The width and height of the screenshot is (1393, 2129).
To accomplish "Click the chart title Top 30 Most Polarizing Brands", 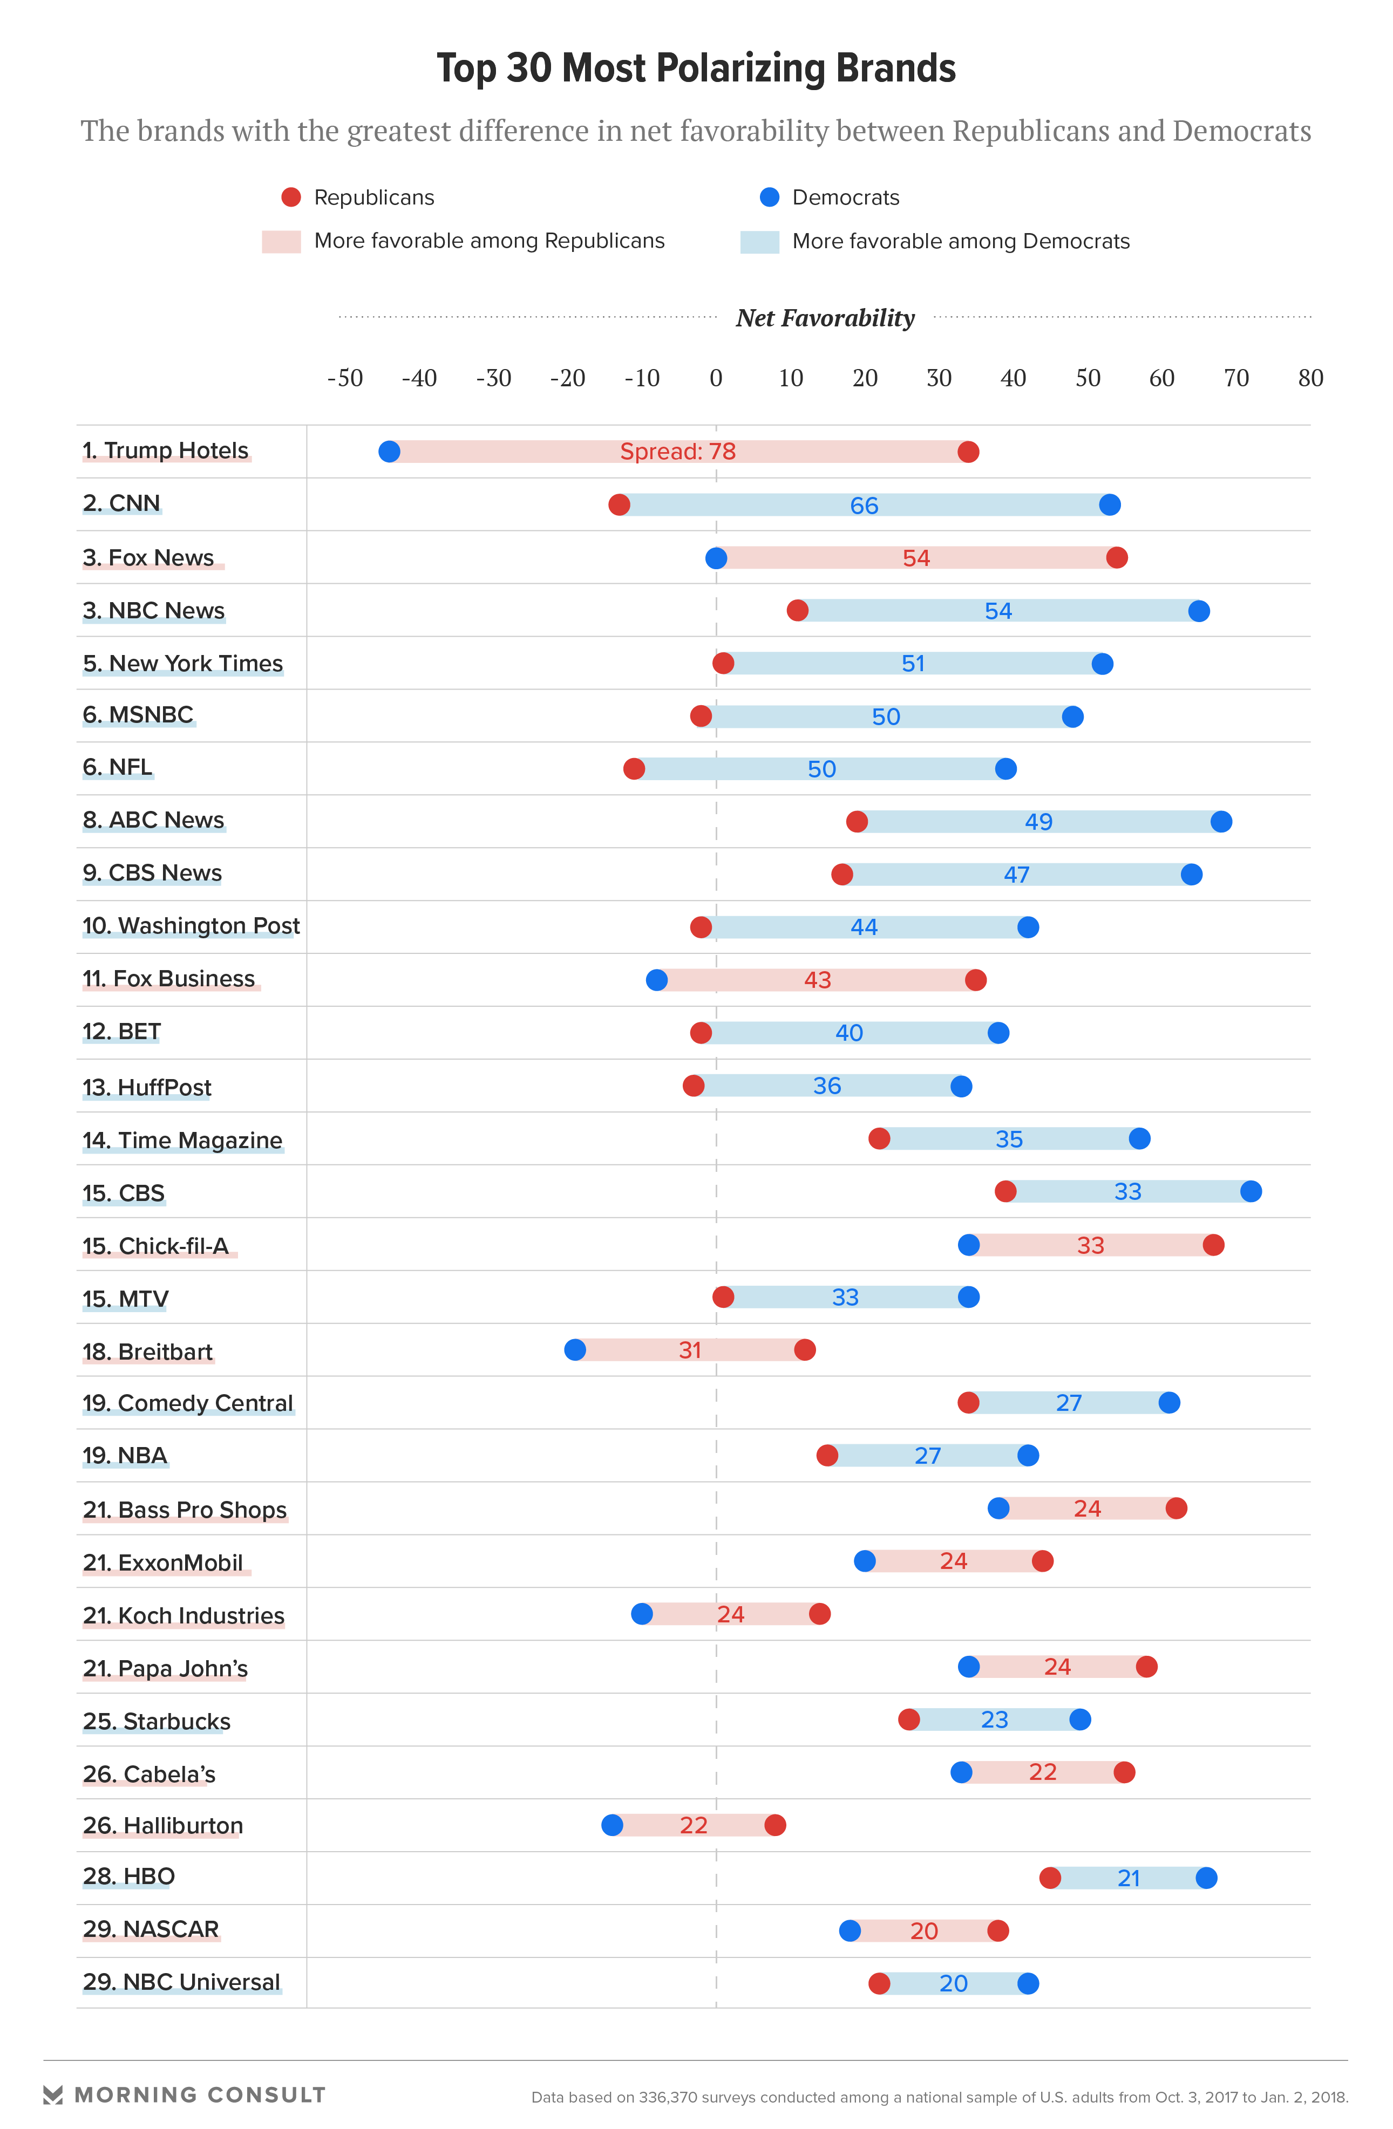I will (696, 69).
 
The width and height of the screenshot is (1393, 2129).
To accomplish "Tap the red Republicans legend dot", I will (291, 197).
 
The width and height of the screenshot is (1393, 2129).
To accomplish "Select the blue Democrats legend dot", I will (770, 197).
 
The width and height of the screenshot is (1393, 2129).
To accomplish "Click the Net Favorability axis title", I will (825, 318).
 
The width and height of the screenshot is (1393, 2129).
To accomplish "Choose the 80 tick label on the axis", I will (1310, 378).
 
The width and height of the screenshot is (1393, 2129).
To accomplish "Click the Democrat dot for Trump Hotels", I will (389, 452).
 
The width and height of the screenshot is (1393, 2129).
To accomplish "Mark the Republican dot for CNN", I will (619, 504).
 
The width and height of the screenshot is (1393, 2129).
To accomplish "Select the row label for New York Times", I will (182, 664).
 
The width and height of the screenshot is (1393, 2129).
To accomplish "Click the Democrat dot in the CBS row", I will (1251, 1191).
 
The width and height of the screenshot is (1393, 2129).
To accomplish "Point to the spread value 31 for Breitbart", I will (690, 1350).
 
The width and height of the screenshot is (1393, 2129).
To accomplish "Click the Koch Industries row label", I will (184, 1615).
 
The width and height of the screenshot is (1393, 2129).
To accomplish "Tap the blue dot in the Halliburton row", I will (612, 1825).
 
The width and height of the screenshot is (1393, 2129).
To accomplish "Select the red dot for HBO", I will (1050, 1878).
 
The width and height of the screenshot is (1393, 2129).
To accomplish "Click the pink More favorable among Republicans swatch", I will (281, 242).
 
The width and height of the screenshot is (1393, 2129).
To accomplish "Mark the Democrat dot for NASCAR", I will (850, 1930).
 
